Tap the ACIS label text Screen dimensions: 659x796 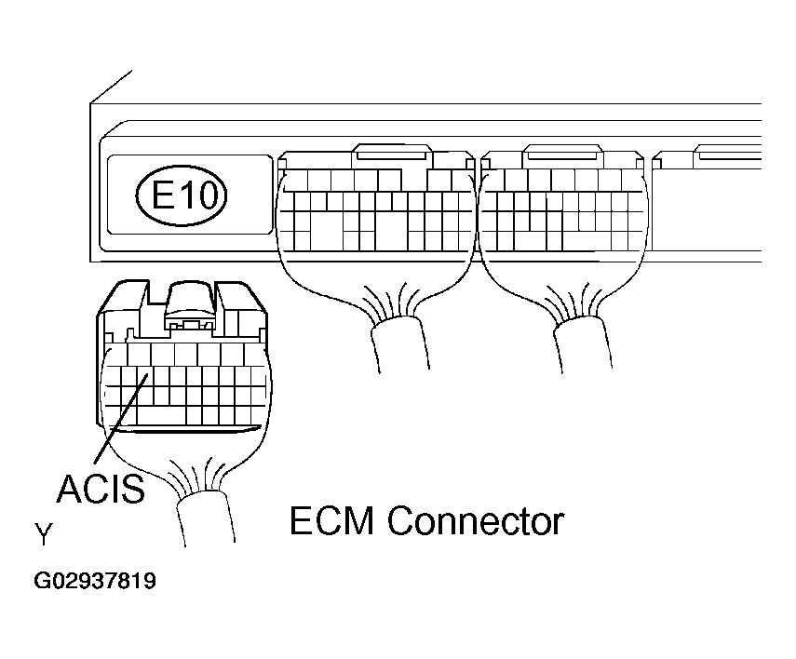(x=101, y=488)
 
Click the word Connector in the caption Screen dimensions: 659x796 (x=476, y=521)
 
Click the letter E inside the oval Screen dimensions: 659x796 (x=164, y=195)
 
